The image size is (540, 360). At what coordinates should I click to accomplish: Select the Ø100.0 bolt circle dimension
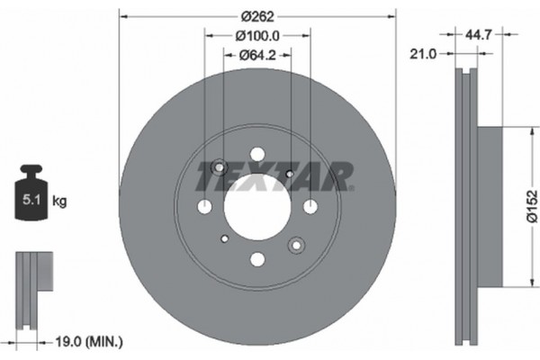click(x=257, y=36)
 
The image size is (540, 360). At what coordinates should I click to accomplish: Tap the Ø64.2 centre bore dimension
click(x=257, y=56)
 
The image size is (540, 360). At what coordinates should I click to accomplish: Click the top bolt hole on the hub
click(x=257, y=154)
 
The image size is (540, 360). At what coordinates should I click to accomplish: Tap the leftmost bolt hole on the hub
click(x=205, y=207)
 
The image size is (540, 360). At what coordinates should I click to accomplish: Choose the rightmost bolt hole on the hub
click(x=310, y=207)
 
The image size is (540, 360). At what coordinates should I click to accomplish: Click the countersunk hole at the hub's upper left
click(x=219, y=167)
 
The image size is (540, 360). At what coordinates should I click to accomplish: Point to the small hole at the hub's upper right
click(x=289, y=174)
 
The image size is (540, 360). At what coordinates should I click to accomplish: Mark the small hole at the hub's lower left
click(x=225, y=238)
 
